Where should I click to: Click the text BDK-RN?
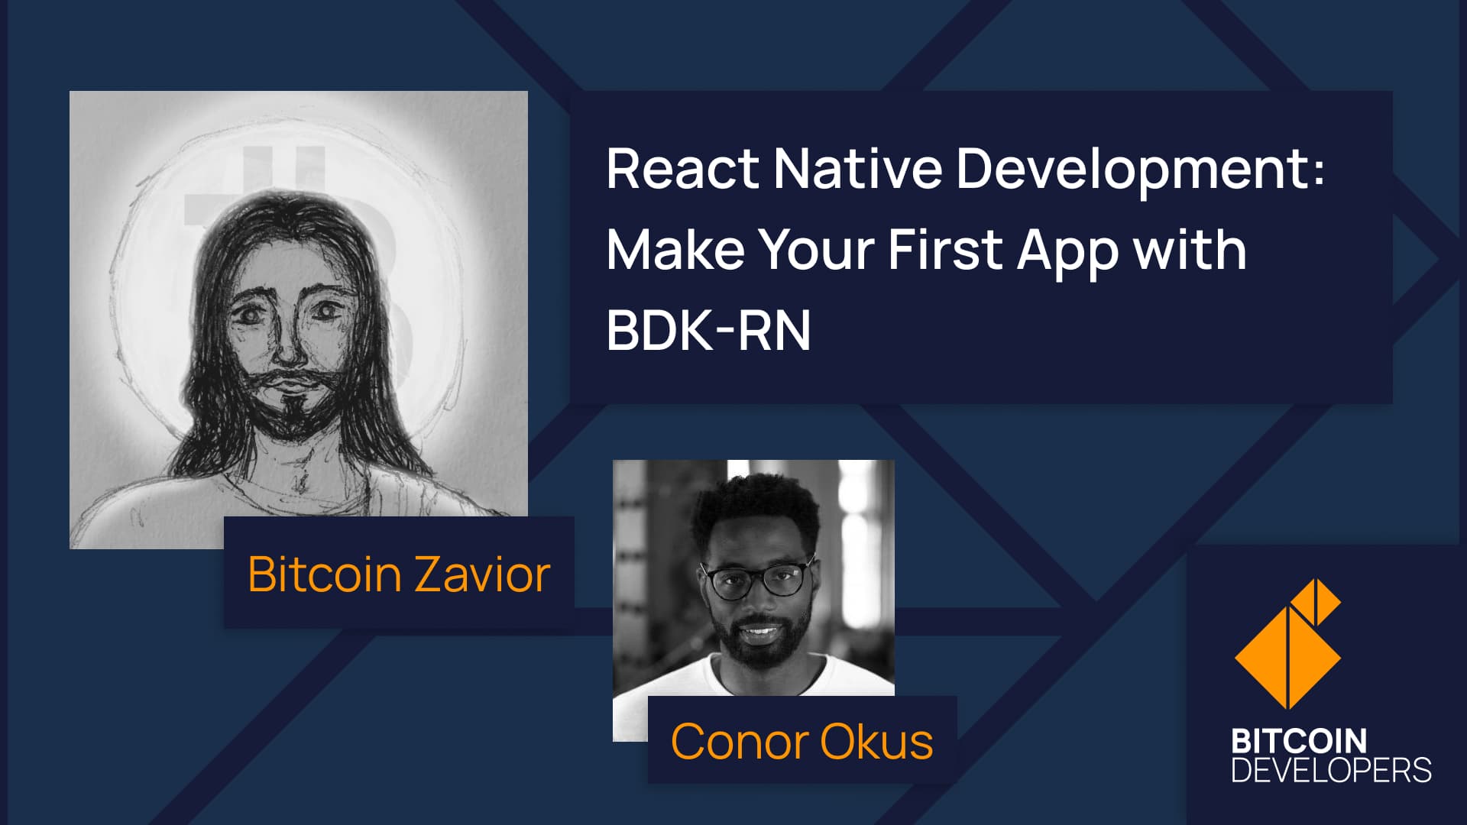(708, 330)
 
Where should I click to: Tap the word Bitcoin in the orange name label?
(325, 574)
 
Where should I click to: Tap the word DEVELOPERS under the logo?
(1331, 769)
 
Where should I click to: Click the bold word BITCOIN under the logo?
(1299, 741)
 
